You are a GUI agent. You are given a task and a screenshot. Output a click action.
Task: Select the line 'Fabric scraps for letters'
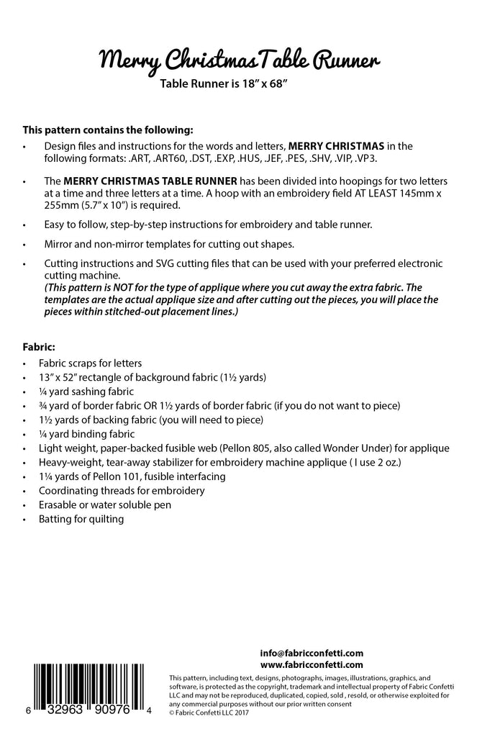click(90, 363)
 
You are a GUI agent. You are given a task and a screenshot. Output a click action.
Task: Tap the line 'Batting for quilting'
click(81, 518)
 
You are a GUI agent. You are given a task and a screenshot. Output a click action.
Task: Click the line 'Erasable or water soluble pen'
click(104, 505)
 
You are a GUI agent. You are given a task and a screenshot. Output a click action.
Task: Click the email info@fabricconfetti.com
click(312, 653)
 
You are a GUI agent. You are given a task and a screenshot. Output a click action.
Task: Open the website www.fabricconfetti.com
click(312, 665)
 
